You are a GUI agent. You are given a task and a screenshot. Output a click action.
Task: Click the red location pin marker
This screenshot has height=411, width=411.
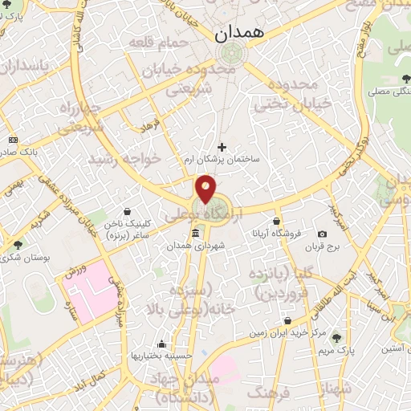click(x=206, y=188)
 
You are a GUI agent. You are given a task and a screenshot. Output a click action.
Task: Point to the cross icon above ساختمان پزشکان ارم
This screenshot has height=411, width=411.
click(x=223, y=147)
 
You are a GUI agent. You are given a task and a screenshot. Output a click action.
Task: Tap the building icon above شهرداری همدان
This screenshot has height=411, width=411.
click(x=196, y=233)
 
